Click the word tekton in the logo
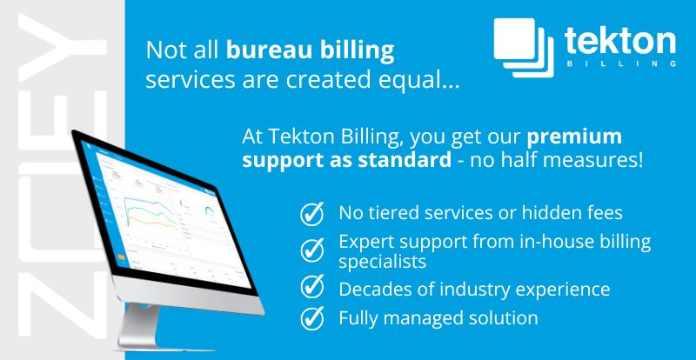tap(619, 41)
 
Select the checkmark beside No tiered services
tap(311, 213)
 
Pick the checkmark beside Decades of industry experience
tap(311, 288)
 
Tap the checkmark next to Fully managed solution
tap(311, 318)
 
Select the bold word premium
tap(575, 137)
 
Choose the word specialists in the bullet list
tap(383, 260)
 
